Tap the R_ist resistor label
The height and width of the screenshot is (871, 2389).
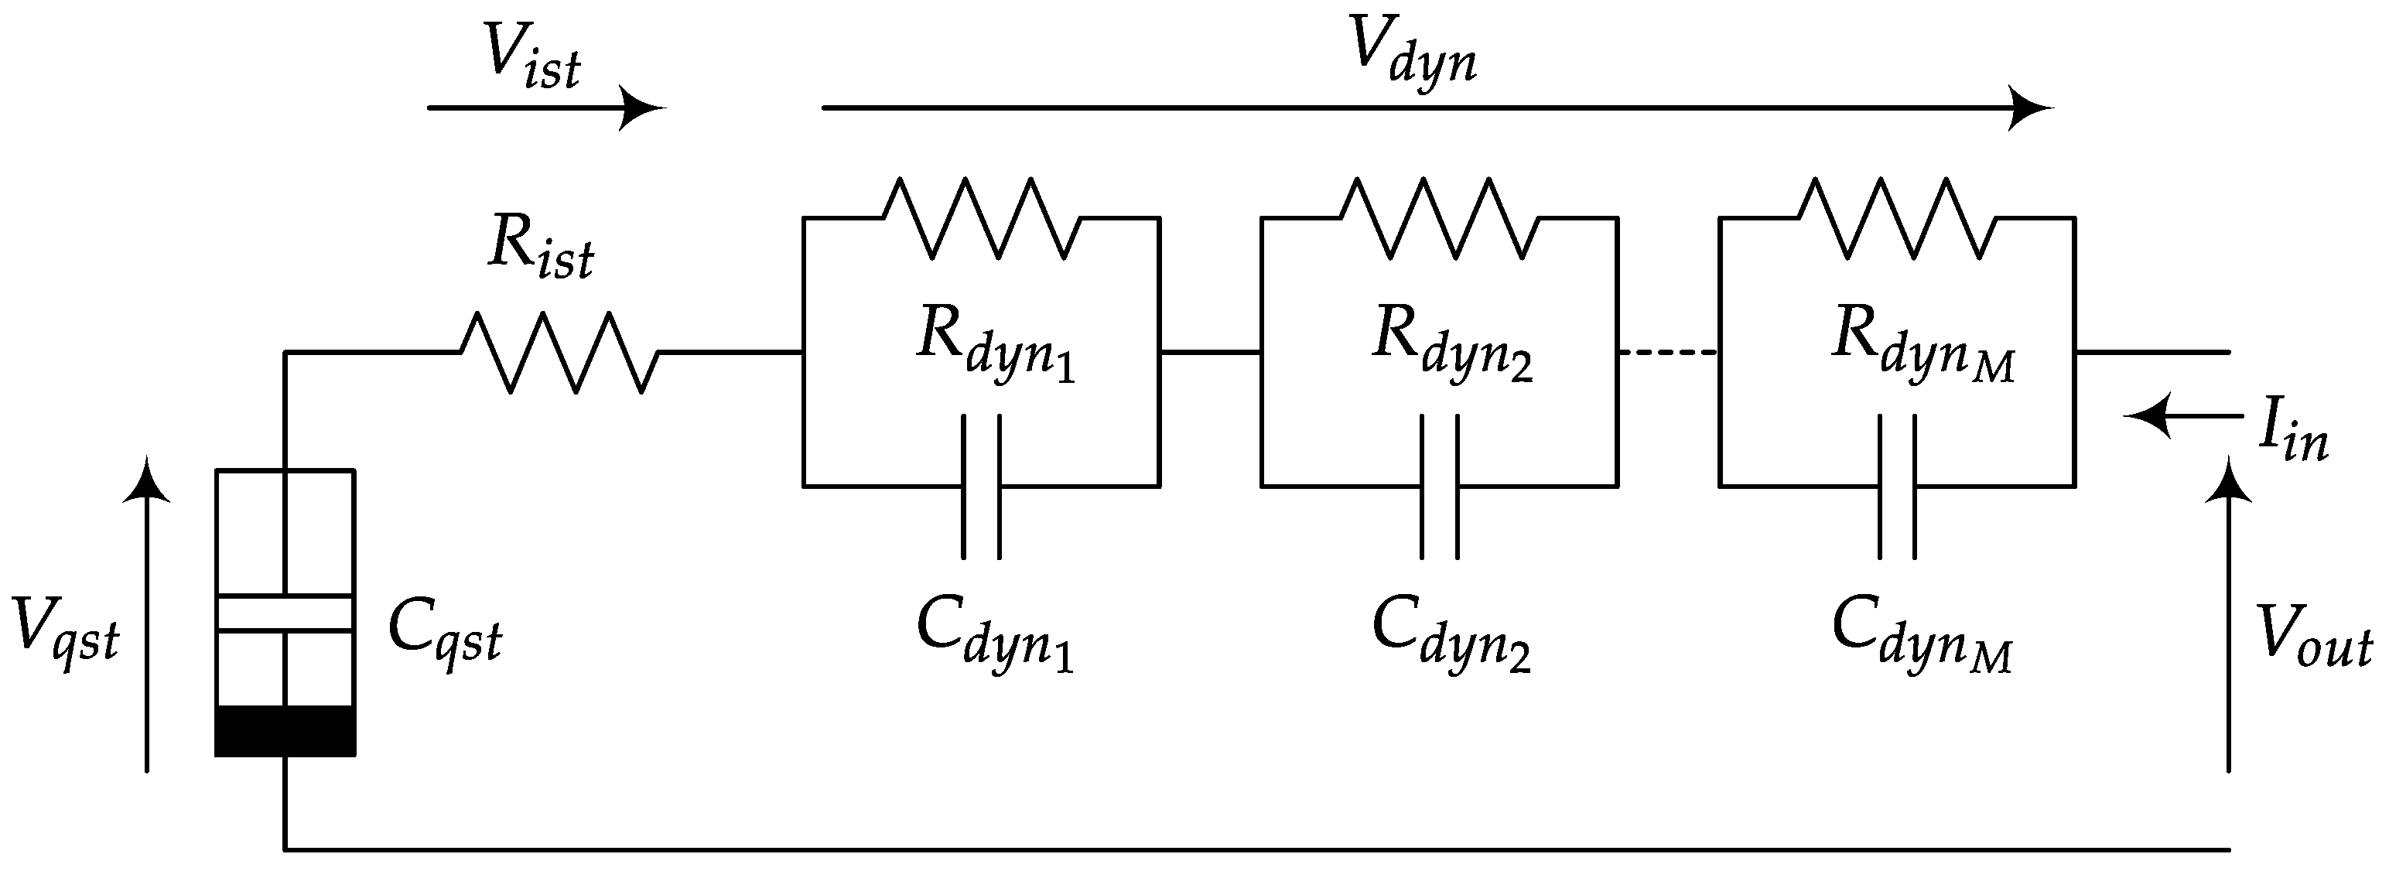pyautogui.click(x=541, y=248)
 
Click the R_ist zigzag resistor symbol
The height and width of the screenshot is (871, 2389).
pyautogui.click(x=559, y=353)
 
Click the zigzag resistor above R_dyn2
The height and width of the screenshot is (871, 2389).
pyautogui.click(x=1439, y=219)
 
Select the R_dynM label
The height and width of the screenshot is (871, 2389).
pyautogui.click(x=1922, y=344)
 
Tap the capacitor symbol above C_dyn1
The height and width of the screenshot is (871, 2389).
pyautogui.click(x=981, y=486)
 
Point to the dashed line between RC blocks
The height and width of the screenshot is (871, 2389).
pyautogui.click(x=1667, y=353)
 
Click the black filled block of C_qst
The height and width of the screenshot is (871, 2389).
pyautogui.click(x=285, y=731)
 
